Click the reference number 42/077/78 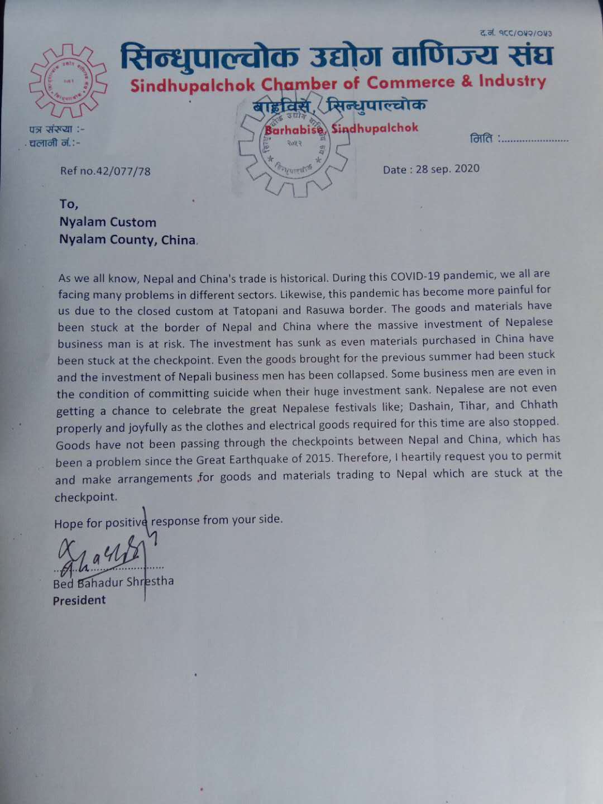point(123,171)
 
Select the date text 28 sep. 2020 point(447,169)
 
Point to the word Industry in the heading point(512,81)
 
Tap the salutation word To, point(69,204)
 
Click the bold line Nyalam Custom point(108,222)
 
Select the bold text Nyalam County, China point(128,240)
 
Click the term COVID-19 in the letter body point(414,276)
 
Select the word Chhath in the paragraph point(539,404)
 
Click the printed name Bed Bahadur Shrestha point(113,582)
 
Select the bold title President point(79,601)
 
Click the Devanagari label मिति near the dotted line point(481,138)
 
